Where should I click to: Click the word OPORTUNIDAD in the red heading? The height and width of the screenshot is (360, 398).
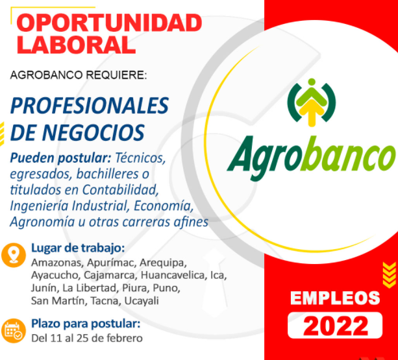109,23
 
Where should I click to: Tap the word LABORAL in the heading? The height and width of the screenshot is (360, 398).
76,45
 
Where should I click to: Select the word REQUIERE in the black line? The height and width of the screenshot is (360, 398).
116,75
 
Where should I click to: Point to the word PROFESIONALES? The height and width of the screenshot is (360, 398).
90,106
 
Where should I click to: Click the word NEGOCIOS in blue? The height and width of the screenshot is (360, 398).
93,132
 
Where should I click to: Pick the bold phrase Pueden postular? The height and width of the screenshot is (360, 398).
60,158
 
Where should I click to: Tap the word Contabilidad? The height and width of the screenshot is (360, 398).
120,189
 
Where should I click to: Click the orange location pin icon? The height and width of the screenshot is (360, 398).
14,256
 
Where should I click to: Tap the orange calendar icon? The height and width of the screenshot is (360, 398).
14,331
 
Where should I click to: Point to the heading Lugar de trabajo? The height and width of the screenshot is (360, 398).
78,248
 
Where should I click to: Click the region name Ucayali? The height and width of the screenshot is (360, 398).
142,301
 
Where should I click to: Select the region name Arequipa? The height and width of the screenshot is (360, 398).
163,263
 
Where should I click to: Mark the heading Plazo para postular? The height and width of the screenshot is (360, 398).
86,324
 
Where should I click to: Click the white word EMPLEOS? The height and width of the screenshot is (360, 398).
335,298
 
